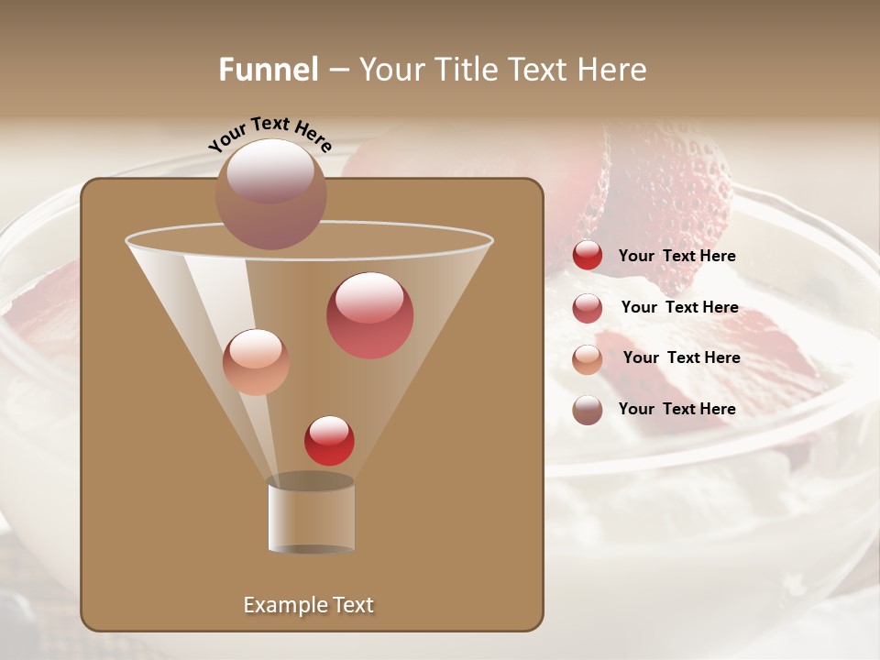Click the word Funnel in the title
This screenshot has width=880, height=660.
point(269,70)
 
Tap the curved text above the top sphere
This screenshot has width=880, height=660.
point(269,134)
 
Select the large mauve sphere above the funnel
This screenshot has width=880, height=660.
point(270,193)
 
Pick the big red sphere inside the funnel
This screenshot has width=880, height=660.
point(369,315)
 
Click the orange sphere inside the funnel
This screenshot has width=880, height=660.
point(256,362)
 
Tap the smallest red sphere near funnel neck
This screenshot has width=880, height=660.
point(329,440)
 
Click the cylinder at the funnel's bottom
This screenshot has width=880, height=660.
point(312,515)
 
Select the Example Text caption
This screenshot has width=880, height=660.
point(309,605)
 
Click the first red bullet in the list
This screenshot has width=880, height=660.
point(588,256)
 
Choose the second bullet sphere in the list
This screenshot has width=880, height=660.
point(588,308)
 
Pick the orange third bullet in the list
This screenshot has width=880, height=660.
point(588,359)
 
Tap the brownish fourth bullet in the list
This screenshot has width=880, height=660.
point(588,410)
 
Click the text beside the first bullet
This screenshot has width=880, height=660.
point(676,257)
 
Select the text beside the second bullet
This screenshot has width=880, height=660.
point(679,308)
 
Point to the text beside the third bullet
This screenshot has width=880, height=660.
point(681,358)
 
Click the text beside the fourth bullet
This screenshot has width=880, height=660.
point(676,409)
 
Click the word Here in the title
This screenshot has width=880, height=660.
point(613,70)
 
